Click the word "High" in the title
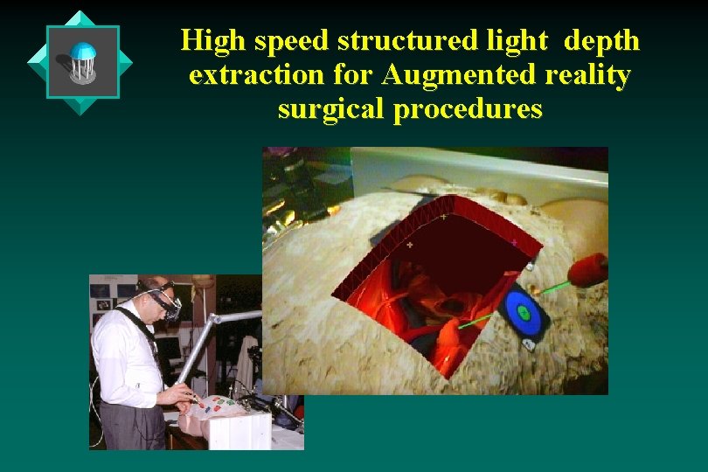(208, 41)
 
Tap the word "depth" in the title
(602, 41)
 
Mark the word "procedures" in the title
(469, 110)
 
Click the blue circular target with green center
(524, 312)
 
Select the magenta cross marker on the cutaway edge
(514, 242)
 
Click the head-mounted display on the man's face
(163, 302)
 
